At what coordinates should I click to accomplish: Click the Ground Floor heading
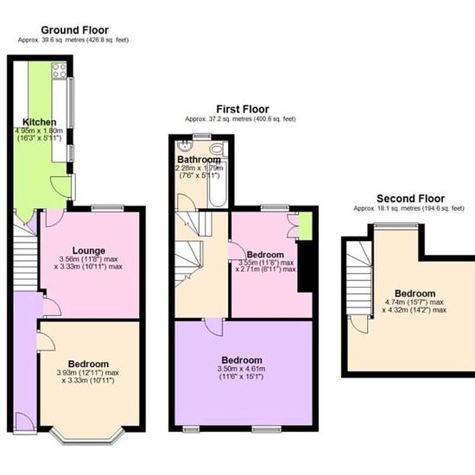pos(74,30)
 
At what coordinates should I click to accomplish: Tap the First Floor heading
pos(243,109)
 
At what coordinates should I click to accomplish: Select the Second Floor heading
pos(410,199)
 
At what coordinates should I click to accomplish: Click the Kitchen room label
pos(40,122)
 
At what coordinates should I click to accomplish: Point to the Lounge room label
pos(89,250)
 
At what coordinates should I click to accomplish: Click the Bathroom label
pos(199,160)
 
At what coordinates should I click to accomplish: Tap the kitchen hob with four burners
pos(59,70)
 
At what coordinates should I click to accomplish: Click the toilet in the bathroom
pos(218,149)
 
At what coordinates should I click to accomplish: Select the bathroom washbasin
pos(185,146)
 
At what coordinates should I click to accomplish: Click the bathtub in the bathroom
pos(218,184)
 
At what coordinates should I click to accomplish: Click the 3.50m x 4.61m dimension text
pos(242,369)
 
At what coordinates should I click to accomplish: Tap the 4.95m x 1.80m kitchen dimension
pos(39,131)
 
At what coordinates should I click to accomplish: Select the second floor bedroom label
pos(415,294)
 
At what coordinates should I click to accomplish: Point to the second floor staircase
pos(359,277)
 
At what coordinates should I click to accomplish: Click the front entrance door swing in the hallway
pos(24,421)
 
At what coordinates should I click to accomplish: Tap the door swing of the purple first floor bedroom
pos(214,326)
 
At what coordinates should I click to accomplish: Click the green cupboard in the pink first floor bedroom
pos(306,226)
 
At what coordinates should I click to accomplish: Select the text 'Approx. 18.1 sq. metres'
pos(383,208)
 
